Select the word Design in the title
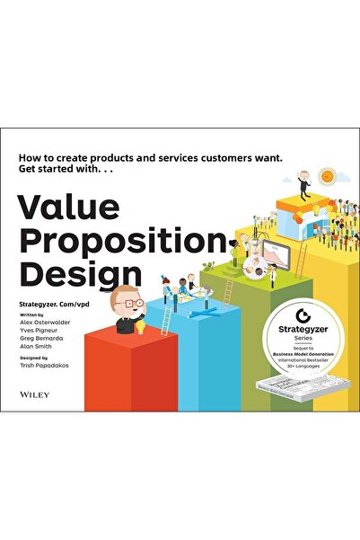point(81,270)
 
